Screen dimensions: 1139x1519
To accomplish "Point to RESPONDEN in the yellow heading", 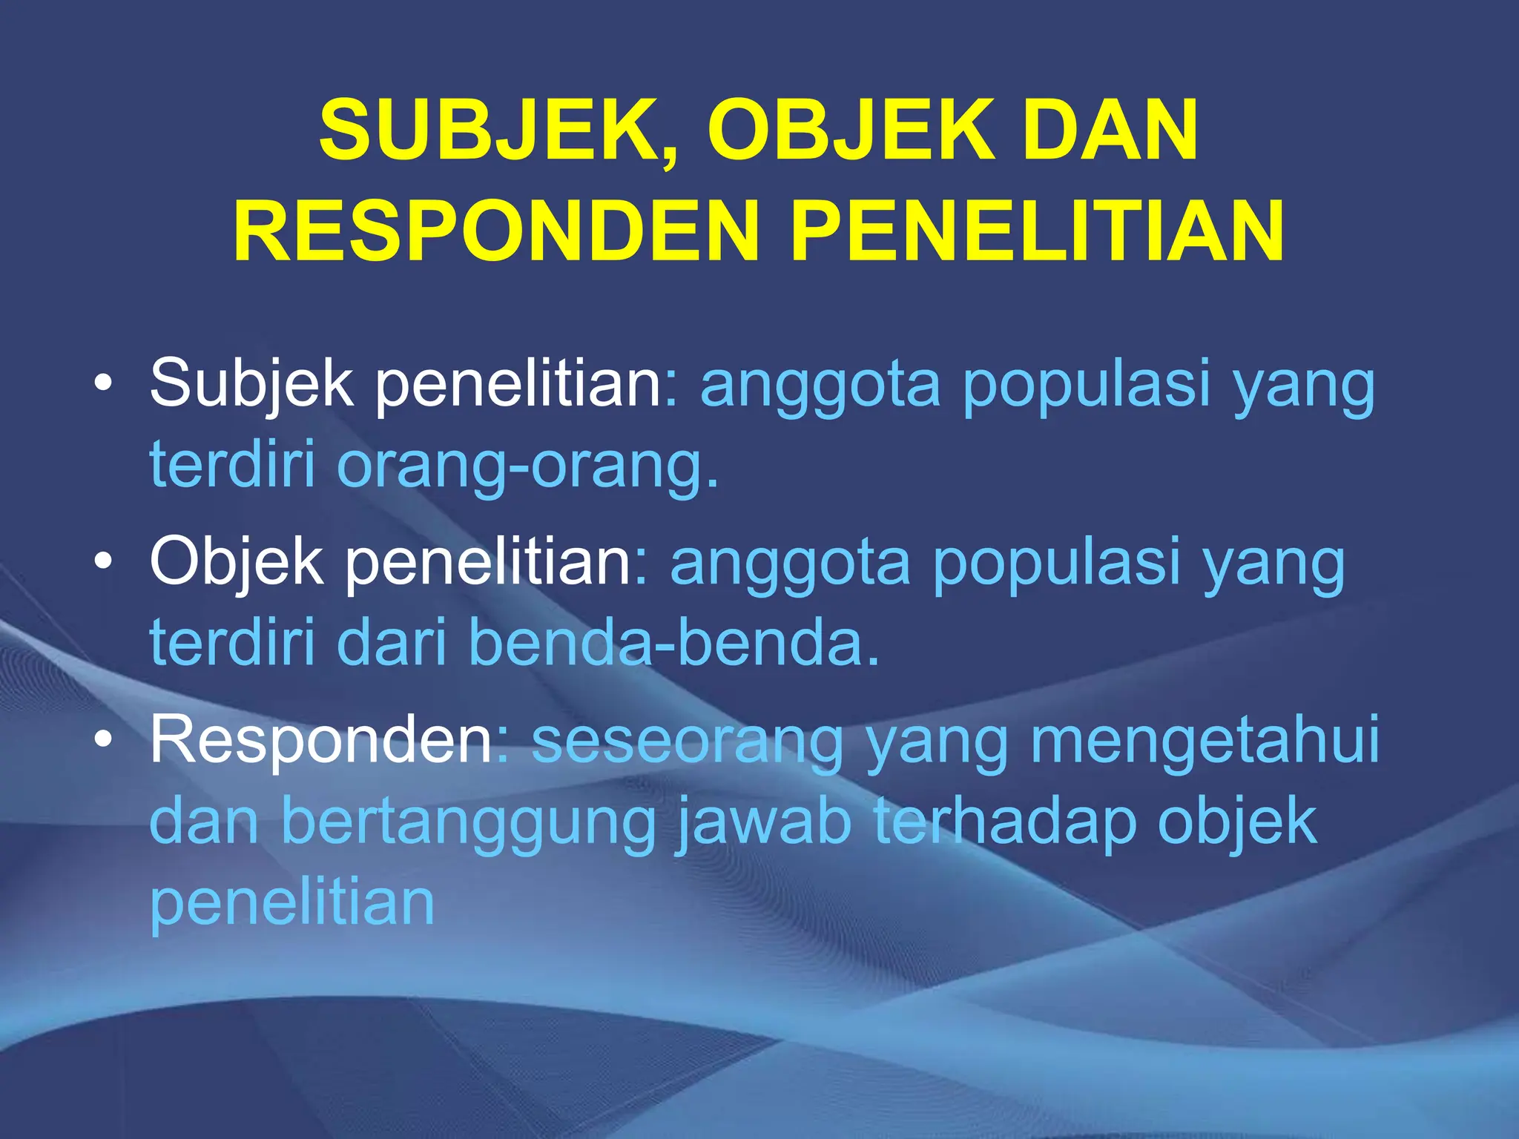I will (x=496, y=231).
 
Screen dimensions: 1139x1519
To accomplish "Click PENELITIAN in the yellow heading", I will (x=1037, y=231).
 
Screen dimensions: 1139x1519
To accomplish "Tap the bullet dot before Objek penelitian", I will (x=104, y=563).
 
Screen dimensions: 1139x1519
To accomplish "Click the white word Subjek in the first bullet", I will (x=251, y=384).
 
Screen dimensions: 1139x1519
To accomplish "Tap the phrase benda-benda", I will (x=674, y=644).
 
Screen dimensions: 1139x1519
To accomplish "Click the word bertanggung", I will (x=469, y=823).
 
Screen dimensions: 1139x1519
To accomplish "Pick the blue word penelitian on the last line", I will (x=292, y=903).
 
